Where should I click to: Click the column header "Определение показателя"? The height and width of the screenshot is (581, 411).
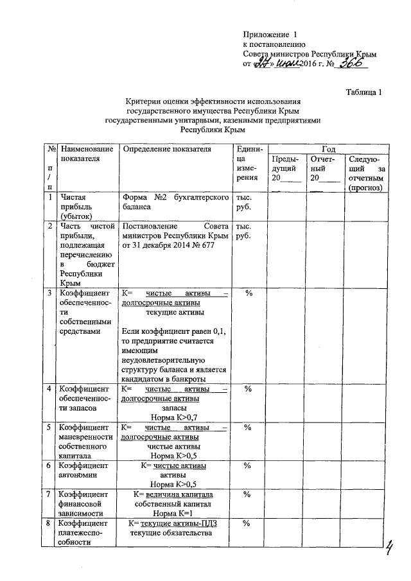pos(166,149)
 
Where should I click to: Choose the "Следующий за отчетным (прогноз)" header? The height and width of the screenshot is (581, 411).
pos(365,173)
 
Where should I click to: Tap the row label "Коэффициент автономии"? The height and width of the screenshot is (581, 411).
pos(83,471)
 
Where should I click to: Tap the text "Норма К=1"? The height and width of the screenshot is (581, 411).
pos(173,514)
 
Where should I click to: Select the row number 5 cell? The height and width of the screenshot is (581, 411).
pos(50,427)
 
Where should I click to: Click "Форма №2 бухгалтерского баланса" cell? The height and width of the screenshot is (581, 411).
pos(175,203)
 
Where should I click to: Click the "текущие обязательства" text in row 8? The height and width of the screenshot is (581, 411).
pos(170,533)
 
